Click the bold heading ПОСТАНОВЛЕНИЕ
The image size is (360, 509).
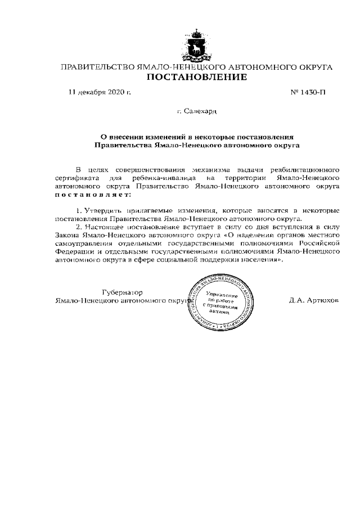coord(197,77)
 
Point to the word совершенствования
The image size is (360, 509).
coord(152,169)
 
